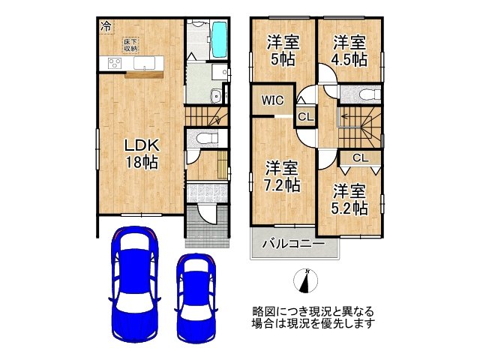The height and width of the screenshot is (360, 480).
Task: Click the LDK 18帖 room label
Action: coord(141,154)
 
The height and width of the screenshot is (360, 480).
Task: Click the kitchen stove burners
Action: coord(115,63)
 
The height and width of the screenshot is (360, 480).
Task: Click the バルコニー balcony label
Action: coord(293,244)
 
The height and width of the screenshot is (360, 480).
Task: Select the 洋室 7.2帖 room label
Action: coord(283,175)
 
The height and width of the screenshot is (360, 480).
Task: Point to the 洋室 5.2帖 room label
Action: coord(350,198)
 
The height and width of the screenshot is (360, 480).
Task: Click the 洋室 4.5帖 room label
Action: coord(350,49)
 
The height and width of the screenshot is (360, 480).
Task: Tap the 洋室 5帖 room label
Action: coord(281,49)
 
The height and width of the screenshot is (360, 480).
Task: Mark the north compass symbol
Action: coord(306,280)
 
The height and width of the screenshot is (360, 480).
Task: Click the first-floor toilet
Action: coord(205,138)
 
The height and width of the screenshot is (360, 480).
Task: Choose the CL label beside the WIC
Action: coord(304,116)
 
